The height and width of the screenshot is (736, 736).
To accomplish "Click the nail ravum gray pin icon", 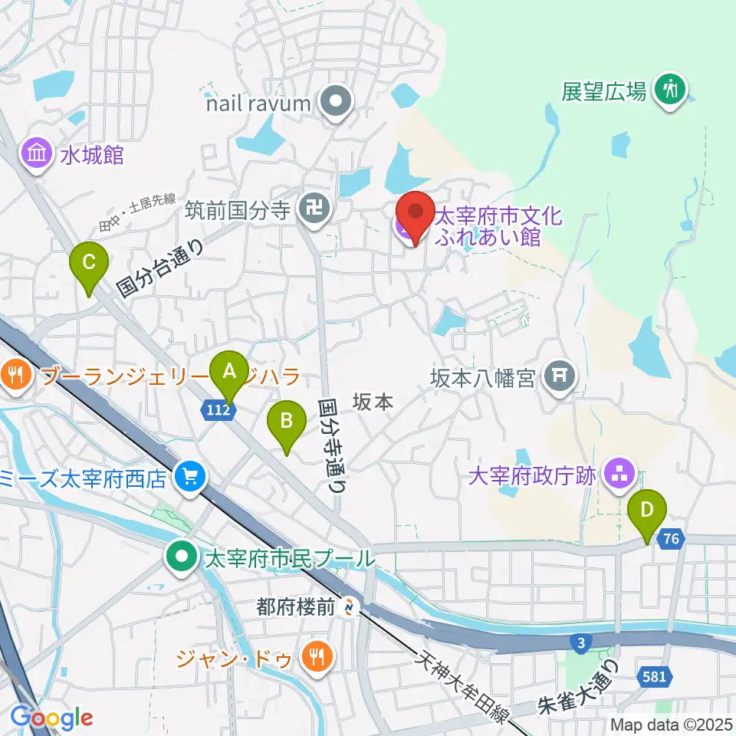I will [335, 103].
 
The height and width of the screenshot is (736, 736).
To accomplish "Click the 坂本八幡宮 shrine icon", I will [560, 376].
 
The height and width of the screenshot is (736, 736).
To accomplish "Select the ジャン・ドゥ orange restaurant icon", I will [315, 655].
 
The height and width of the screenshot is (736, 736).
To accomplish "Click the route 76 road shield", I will [672, 540].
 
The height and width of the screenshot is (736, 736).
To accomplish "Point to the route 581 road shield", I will [654, 677].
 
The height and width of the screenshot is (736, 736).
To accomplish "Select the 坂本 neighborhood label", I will [373, 401].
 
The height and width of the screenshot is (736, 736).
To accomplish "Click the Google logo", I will [51, 717].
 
